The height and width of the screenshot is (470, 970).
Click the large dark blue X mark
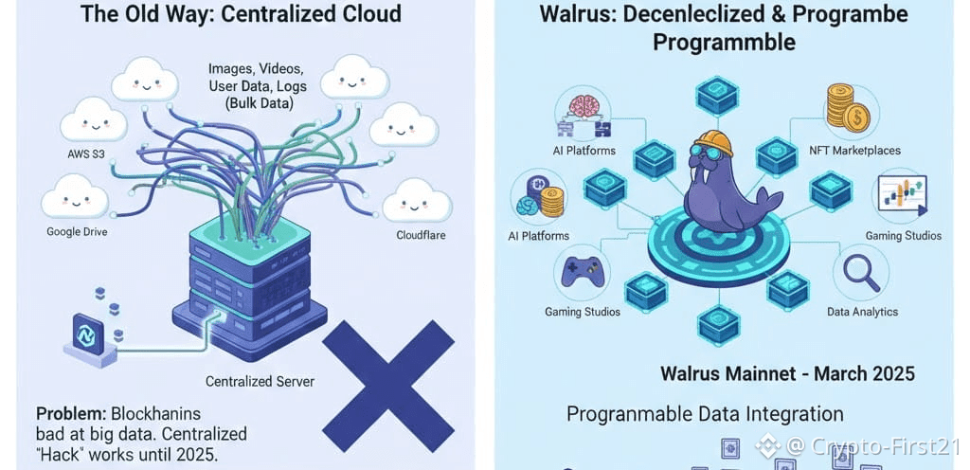tap(389, 386)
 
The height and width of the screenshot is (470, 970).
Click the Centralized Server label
tap(260, 382)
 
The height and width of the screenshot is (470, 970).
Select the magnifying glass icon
tap(861, 271)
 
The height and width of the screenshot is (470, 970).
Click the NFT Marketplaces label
tap(855, 151)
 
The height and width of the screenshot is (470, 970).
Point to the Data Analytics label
tap(862, 312)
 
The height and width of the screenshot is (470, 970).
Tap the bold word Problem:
tap(71, 414)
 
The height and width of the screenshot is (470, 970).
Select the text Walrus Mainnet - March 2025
tap(787, 372)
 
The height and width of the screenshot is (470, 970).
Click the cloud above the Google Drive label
tap(71, 197)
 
